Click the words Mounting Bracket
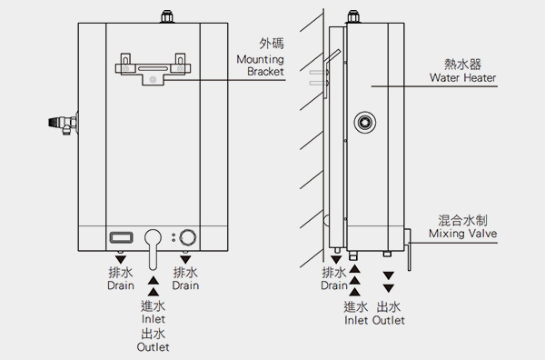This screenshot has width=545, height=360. coord(261,65)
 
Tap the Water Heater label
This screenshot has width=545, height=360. coord(462,77)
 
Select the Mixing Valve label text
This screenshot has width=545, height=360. coord(462,233)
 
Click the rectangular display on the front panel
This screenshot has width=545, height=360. coord(121,237)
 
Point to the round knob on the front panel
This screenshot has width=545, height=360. coord(188,237)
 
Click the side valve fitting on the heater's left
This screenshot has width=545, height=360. coord(63,124)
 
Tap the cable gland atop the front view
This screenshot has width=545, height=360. coord(167,16)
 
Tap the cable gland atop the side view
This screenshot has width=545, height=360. coord(353,16)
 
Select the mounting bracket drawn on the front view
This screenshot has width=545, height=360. coord(153,69)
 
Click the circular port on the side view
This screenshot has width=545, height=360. coord(364,122)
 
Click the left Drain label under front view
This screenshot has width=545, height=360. coord(121,285)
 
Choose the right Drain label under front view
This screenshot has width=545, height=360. coord(185,285)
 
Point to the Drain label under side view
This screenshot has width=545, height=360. coord(334,285)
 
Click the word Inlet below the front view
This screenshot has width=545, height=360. coord(154,319)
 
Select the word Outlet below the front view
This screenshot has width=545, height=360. coord(153,346)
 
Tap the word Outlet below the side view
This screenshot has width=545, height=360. coord(389,320)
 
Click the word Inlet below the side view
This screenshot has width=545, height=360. coord(356,320)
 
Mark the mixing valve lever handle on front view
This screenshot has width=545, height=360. coord(153,249)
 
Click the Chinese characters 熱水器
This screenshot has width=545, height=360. coord(462,65)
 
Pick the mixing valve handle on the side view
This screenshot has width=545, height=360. coord(408,249)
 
